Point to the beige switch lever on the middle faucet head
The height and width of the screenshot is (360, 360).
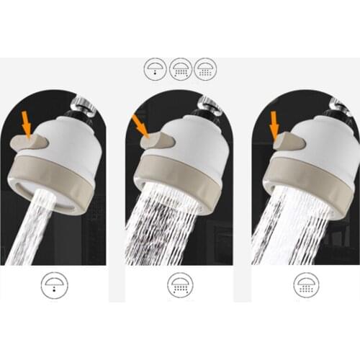[x=157, y=142]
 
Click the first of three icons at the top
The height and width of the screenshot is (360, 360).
[x=155, y=68]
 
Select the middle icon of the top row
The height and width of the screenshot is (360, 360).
[x=180, y=68]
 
